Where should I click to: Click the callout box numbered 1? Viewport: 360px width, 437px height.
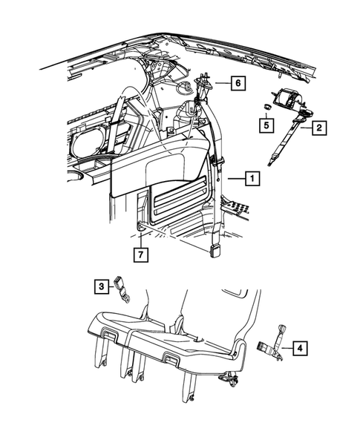[x=252, y=178]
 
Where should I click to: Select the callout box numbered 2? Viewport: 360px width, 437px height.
[x=319, y=128]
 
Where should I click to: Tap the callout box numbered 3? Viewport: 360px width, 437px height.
[x=102, y=286]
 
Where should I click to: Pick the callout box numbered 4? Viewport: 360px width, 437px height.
[x=300, y=348]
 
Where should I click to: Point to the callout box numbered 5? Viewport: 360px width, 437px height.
[x=266, y=125]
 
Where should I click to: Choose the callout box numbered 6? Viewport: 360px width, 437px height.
[x=238, y=83]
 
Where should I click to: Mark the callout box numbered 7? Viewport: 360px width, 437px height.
[x=141, y=254]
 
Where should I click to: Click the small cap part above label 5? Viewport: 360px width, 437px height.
[x=267, y=107]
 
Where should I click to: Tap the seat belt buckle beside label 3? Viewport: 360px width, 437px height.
[x=121, y=289]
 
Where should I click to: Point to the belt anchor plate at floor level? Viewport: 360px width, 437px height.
[x=215, y=251]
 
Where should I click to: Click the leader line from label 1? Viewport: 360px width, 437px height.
[x=237, y=178]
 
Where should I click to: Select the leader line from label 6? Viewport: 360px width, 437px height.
[x=223, y=83]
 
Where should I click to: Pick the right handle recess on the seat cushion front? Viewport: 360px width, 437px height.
[x=172, y=358]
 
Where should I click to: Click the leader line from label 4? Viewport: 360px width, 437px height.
[x=287, y=348]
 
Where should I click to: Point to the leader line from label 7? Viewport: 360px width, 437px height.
[x=141, y=240]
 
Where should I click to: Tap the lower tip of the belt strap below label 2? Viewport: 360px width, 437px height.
[x=269, y=165]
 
